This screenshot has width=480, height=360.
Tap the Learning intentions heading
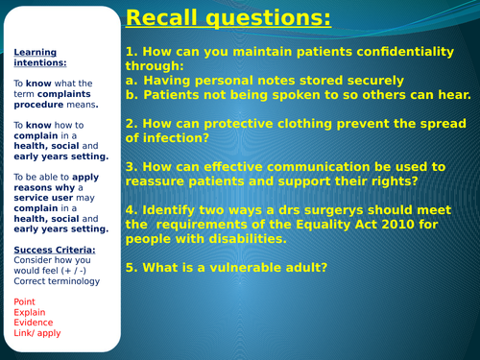coord(36,58)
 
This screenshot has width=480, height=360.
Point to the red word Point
coord(25,302)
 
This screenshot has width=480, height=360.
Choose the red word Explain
coord(30,313)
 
